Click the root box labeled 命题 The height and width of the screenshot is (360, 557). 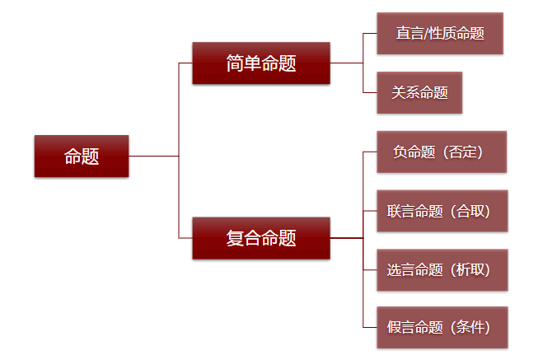click(x=82, y=156)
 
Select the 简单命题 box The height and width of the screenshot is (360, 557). click(x=261, y=63)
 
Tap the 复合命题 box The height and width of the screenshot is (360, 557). click(x=261, y=238)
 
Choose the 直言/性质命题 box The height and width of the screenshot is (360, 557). click(x=440, y=34)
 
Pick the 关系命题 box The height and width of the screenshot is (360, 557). click(x=419, y=92)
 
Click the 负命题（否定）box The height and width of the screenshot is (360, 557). click(x=442, y=152)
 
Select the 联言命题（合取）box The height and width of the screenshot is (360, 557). click(x=442, y=211)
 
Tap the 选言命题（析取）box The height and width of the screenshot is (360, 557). click(x=442, y=270)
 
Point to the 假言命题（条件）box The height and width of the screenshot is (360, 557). click(x=442, y=327)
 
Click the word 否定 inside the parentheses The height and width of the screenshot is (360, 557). click(x=462, y=152)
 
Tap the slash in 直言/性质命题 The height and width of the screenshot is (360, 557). click(x=426, y=34)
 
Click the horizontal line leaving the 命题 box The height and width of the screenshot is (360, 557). click(x=153, y=156)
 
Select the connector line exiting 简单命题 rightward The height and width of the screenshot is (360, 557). click(x=346, y=63)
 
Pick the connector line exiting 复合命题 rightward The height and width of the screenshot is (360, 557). click(x=346, y=238)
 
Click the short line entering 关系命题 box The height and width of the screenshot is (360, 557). click(x=370, y=92)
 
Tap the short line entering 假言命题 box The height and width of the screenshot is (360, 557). click(x=370, y=327)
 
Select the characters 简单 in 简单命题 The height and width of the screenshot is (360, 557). click(x=243, y=63)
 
